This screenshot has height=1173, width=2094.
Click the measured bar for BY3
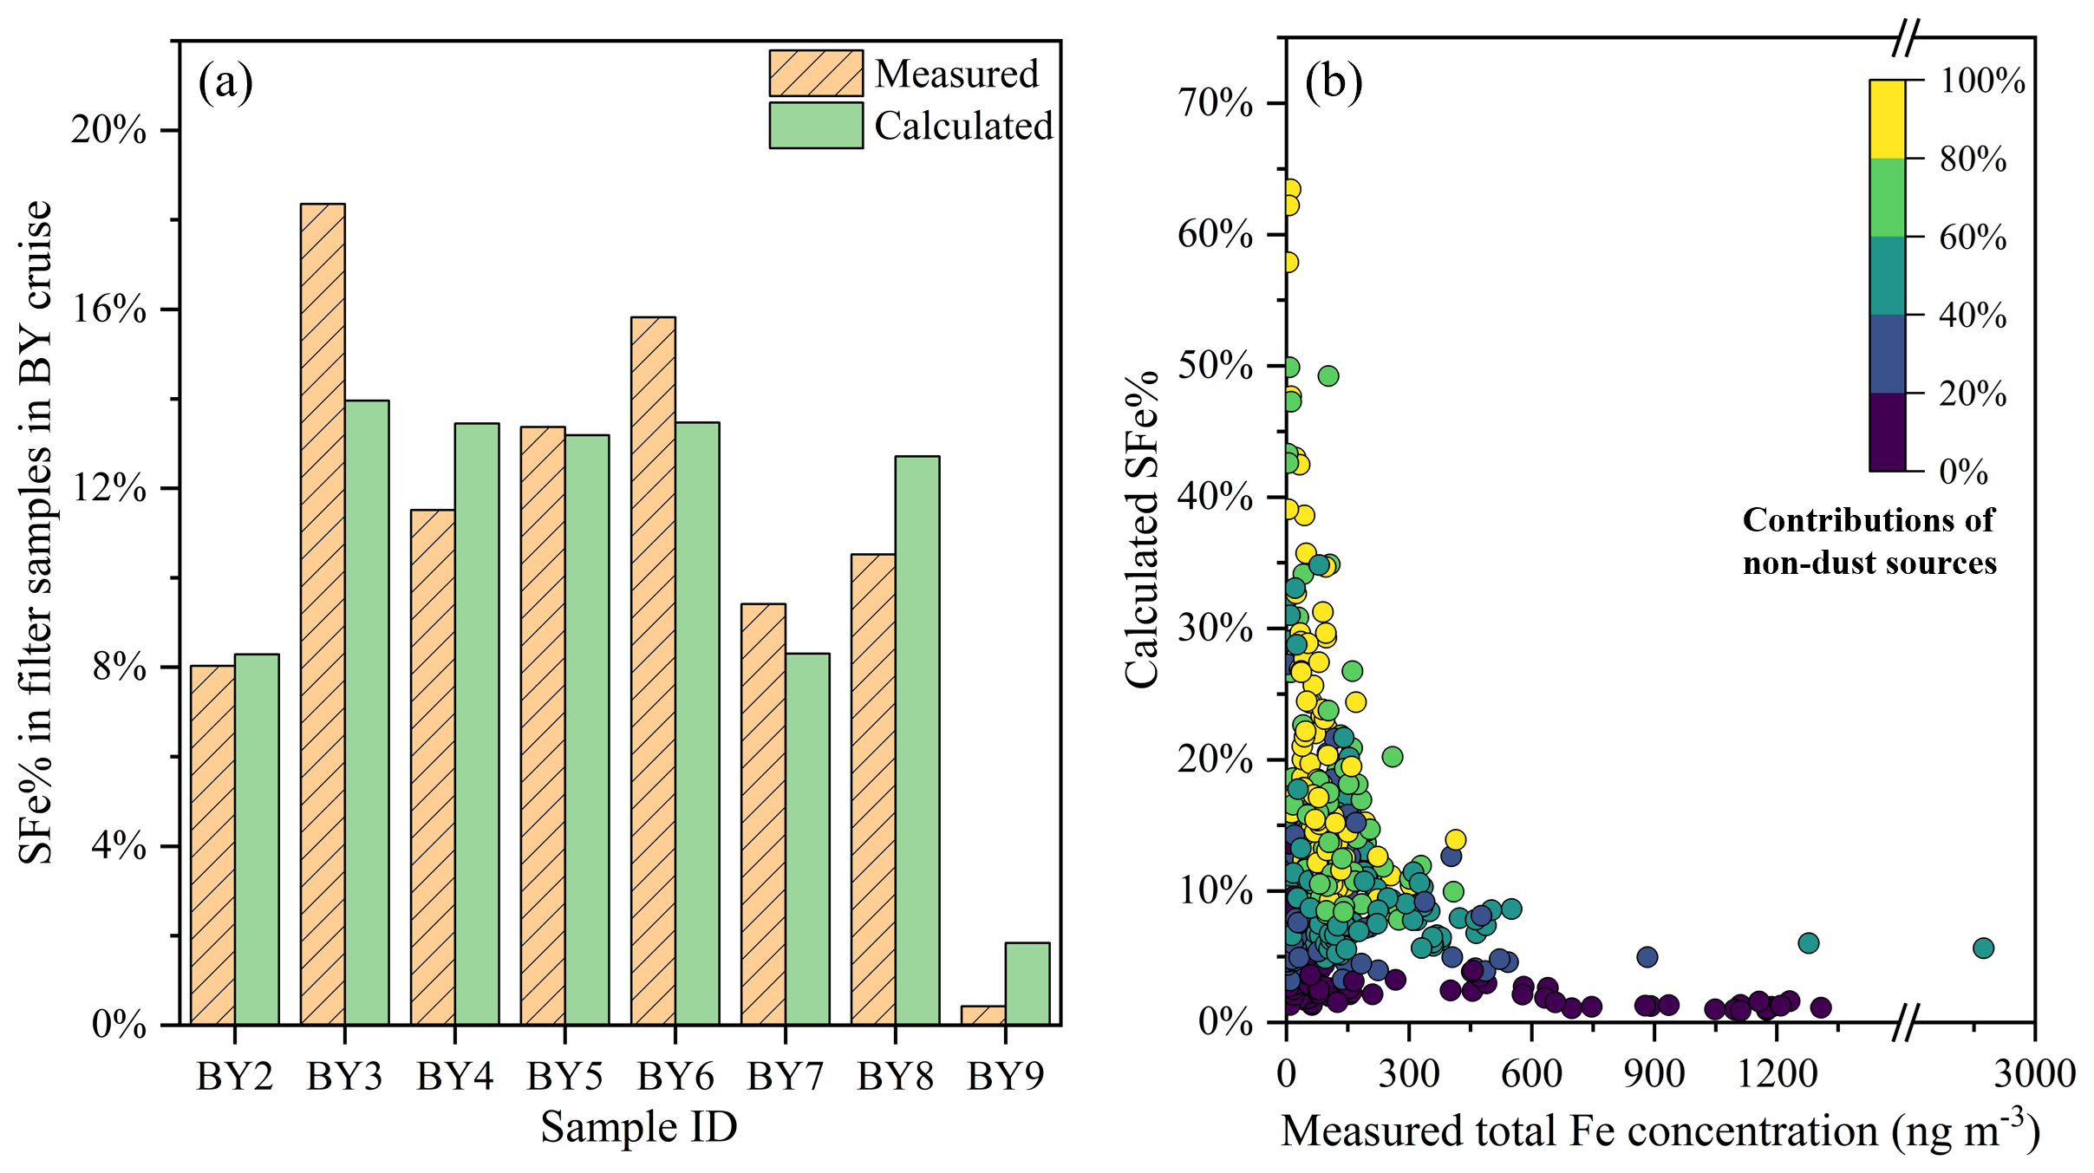(x=323, y=614)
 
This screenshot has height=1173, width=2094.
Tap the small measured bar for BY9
(x=983, y=1015)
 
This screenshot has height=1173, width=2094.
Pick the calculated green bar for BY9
(x=1027, y=983)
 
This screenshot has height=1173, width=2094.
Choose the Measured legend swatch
(x=815, y=74)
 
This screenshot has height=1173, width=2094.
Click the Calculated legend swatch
(x=815, y=126)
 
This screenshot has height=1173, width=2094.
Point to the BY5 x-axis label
(x=564, y=1077)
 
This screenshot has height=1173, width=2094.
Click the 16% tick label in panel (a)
(x=108, y=310)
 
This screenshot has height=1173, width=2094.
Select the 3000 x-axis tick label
(x=2034, y=1073)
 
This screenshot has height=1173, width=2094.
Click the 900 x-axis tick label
(x=1654, y=1073)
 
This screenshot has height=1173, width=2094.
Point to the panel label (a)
(x=225, y=82)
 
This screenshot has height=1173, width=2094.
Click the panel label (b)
(x=1334, y=82)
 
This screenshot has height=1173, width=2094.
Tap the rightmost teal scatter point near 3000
(x=1983, y=948)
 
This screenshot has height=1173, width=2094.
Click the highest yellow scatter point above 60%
(x=1290, y=189)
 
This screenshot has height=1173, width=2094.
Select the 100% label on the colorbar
(x=1982, y=81)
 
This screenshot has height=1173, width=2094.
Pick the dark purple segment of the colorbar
(x=1887, y=432)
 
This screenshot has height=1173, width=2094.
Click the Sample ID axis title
(x=639, y=1127)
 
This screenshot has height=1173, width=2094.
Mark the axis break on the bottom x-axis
(x=1905, y=1022)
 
